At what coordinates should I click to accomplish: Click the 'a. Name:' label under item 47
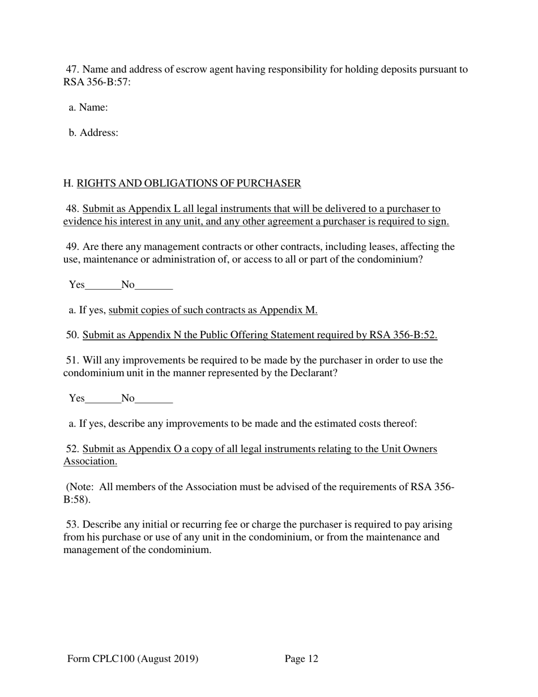click(88, 107)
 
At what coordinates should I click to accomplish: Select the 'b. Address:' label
click(93, 133)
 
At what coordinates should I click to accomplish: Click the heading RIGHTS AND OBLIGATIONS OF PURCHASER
click(189, 183)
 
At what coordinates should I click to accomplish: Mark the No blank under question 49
click(154, 285)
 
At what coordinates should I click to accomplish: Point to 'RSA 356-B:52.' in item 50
click(403, 335)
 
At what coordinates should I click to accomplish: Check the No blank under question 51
click(154, 398)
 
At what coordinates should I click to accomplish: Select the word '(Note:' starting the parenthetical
click(80, 487)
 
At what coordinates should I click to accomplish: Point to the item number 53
click(72, 525)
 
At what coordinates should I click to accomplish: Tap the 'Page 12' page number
click(301, 658)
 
